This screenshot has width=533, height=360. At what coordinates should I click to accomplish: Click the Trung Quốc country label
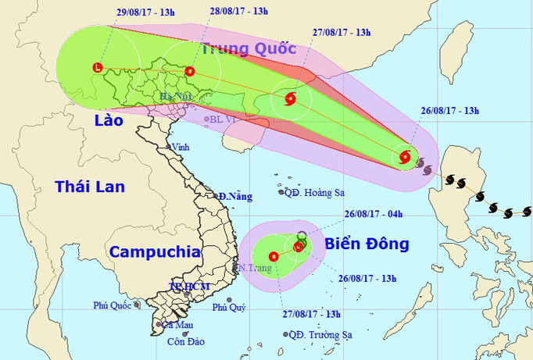tap(249, 48)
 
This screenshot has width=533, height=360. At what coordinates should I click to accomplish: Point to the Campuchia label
tap(154, 252)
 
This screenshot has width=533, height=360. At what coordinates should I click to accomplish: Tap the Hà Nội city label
tap(176, 97)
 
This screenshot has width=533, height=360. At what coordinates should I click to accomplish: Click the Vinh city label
tap(181, 147)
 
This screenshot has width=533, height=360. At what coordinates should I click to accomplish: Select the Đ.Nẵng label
tap(235, 196)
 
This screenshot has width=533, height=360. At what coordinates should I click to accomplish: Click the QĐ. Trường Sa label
tap(320, 335)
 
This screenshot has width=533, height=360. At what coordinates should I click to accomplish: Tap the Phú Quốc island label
tap(110, 305)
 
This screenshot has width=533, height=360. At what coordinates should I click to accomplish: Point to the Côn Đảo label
tap(184, 341)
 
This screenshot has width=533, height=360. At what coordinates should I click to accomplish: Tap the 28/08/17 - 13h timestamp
tap(238, 11)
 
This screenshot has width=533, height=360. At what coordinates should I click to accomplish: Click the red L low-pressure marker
tap(97, 67)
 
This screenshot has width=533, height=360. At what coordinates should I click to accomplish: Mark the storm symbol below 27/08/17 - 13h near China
tap(290, 99)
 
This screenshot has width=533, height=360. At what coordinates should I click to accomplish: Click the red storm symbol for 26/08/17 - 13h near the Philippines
tap(405, 156)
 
